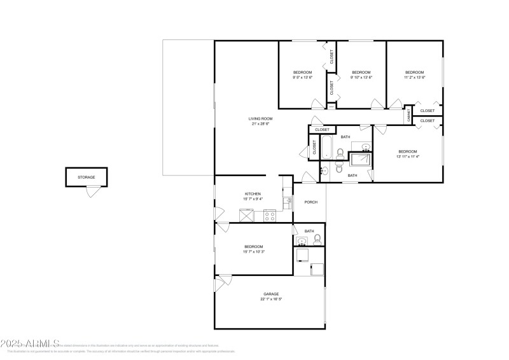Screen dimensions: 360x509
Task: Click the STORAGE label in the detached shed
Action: [x=86, y=177]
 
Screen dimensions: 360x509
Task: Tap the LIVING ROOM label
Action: [x=260, y=118]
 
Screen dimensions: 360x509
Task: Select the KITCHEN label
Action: [x=253, y=194]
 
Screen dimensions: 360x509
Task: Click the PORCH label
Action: [x=310, y=202]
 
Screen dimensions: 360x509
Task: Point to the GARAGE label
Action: [x=271, y=294]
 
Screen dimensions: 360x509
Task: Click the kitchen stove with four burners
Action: [x=269, y=215]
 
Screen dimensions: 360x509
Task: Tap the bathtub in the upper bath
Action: [x=326, y=147]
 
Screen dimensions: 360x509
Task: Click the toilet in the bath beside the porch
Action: [x=317, y=239]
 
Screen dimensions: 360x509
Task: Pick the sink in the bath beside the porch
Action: [x=302, y=240]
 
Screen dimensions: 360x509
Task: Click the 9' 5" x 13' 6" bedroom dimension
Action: [x=302, y=78]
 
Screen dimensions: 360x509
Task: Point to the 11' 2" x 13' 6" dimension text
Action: [x=415, y=78]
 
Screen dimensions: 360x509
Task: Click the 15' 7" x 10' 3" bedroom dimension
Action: [x=253, y=252]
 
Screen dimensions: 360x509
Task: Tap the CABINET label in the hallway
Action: [x=408, y=115]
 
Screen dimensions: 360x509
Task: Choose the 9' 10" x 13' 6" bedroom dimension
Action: [x=361, y=78]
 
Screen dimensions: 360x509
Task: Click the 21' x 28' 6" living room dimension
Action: [x=260, y=124]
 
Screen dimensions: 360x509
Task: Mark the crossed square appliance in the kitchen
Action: [x=246, y=215]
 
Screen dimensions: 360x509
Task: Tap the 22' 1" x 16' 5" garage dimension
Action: [x=271, y=299]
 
